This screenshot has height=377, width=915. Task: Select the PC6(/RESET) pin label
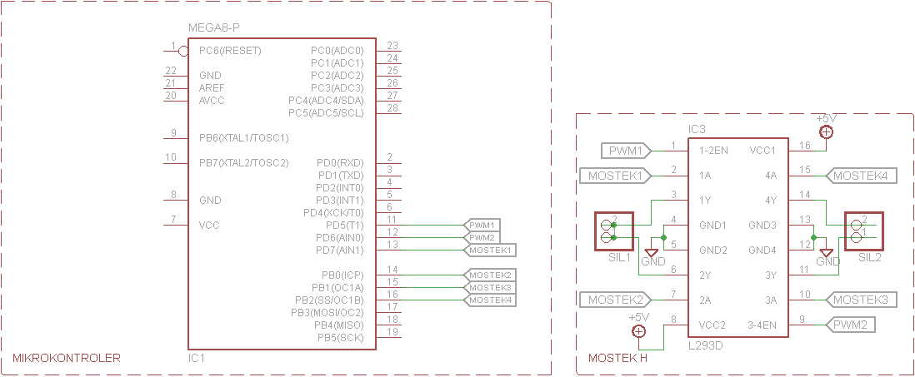[x=230, y=51]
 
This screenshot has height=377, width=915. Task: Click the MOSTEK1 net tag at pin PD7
[x=490, y=250]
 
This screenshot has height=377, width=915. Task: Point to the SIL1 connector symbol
[x=613, y=231]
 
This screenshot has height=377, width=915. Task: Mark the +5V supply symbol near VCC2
[x=639, y=330]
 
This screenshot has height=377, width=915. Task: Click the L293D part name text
[x=706, y=344]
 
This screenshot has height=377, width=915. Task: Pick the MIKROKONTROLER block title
[x=66, y=359]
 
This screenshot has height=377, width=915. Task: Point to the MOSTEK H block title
[x=617, y=359]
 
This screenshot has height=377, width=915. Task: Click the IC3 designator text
[x=697, y=130]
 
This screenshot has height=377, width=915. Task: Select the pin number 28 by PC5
[x=392, y=108]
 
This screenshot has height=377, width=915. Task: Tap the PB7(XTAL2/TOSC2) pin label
[x=243, y=163]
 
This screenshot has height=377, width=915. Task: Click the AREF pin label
[x=212, y=88]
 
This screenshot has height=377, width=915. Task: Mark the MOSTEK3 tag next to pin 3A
[x=861, y=300]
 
